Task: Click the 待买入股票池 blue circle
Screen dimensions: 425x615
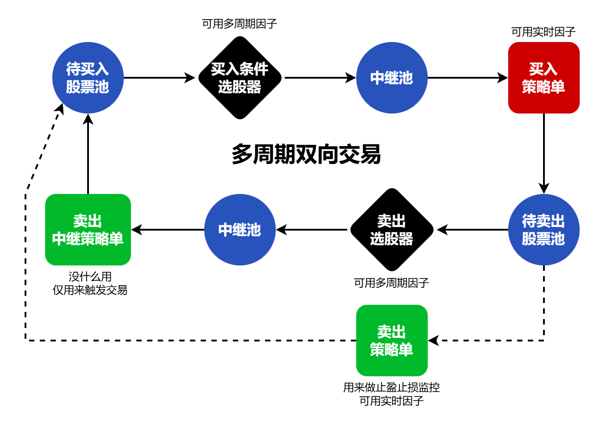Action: coord(88,78)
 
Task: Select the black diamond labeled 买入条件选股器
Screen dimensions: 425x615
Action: coord(240,78)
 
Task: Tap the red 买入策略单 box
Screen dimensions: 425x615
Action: coord(543,78)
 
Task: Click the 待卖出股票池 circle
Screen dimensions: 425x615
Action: coord(543,230)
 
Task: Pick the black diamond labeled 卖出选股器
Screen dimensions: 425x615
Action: coord(392,230)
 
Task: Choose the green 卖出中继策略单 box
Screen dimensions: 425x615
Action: coord(88,230)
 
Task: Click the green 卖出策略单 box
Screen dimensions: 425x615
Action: coord(392,341)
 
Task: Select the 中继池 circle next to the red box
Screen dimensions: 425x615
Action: coord(392,78)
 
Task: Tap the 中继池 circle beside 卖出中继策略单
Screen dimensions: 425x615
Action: coord(240,230)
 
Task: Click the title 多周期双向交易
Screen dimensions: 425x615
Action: coord(306,155)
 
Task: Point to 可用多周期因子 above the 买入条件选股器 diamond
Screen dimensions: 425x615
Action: coord(240,24)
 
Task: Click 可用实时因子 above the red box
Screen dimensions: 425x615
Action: coord(543,32)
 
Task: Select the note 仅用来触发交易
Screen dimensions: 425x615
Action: coord(90,290)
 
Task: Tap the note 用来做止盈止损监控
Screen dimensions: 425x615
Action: coord(392,387)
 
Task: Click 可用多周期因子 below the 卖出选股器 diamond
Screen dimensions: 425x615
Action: coord(392,282)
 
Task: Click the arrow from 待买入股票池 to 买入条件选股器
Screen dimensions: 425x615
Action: coord(159,78)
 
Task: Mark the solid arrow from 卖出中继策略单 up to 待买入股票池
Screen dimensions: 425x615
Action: coord(88,154)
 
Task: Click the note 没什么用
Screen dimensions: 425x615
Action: coord(90,277)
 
